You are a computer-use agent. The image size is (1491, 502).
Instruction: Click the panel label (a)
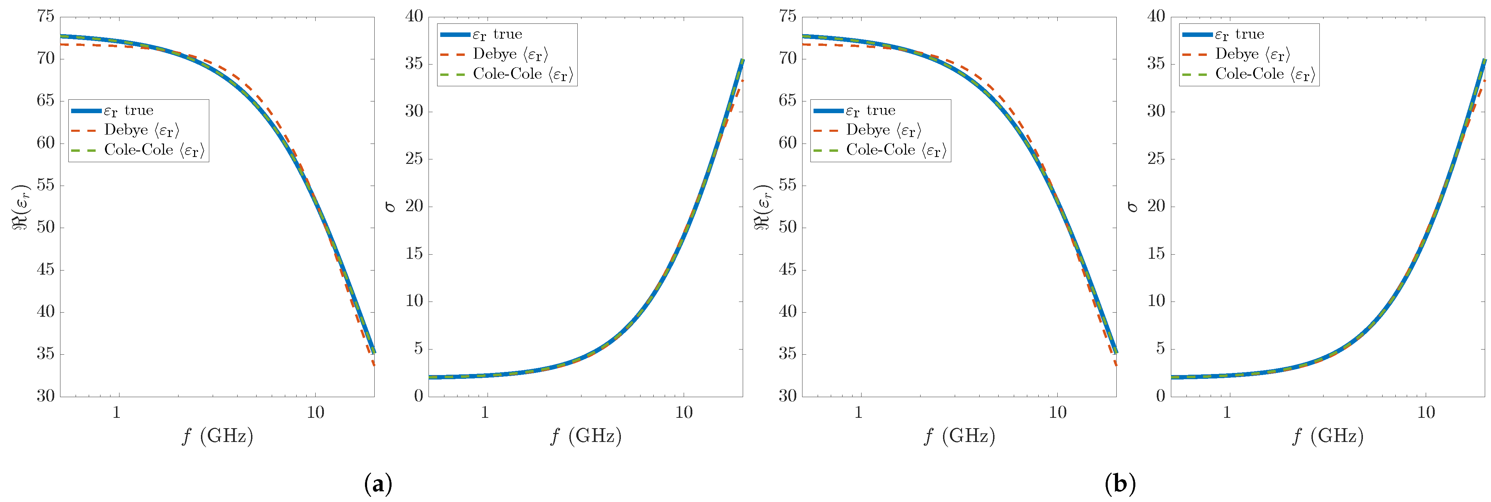378,483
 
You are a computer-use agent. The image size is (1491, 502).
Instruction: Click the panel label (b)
1120,483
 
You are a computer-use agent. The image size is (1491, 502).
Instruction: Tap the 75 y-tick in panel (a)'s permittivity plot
46,16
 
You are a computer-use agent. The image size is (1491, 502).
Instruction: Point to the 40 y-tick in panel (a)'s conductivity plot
414,16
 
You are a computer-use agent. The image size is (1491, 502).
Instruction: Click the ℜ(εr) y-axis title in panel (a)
21,207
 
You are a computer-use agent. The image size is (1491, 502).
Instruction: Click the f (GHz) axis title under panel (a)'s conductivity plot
586,435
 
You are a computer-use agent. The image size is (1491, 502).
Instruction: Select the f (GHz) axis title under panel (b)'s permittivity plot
959,435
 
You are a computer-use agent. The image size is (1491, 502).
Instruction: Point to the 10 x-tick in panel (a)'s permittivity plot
316,412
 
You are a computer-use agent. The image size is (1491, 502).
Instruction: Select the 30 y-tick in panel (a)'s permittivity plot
46,396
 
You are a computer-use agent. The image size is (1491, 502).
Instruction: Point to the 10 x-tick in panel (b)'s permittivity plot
1057,412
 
